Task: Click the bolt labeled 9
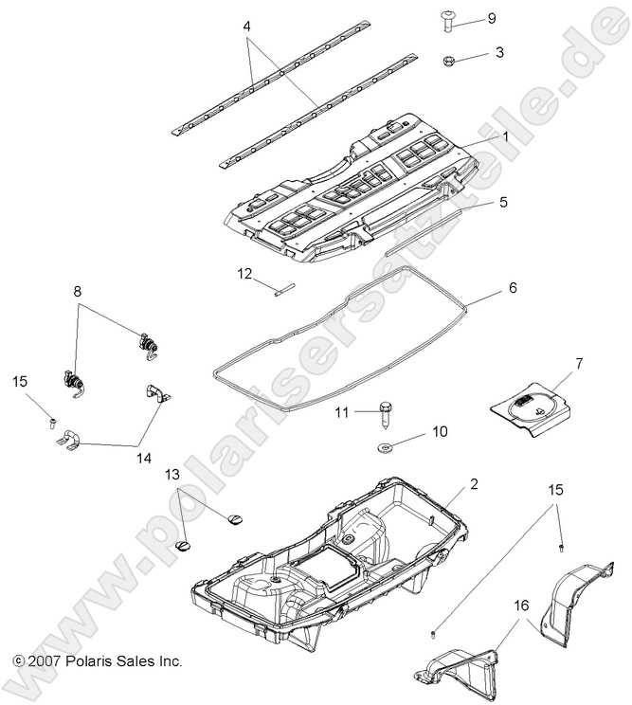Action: [448, 21]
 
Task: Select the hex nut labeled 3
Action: [448, 62]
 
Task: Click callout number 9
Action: [491, 18]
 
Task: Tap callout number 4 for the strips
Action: [246, 27]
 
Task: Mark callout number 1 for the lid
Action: [506, 136]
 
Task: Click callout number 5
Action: [504, 202]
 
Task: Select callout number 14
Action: [143, 457]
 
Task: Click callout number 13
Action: [172, 474]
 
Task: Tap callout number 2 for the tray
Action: [474, 483]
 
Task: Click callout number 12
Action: [244, 274]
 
